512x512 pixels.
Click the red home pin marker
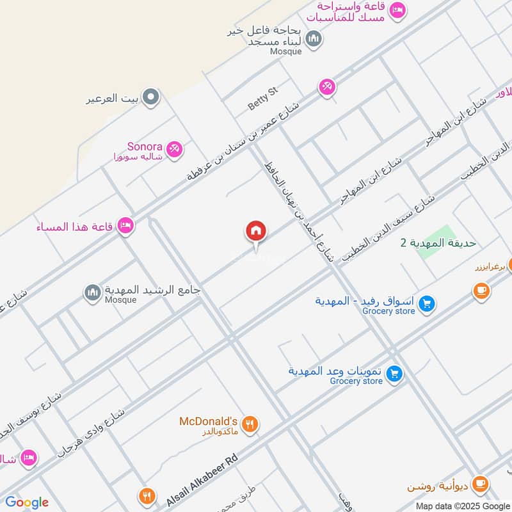pyautogui.click(x=256, y=231)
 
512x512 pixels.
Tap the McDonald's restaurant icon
pyautogui.click(x=251, y=424)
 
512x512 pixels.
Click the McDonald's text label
pyautogui.click(x=208, y=421)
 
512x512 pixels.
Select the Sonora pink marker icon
pyautogui.click(x=174, y=150)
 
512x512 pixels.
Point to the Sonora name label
pyautogui.click(x=145, y=147)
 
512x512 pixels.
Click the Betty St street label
pyautogui.click(x=263, y=99)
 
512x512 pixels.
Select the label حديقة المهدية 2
pyautogui.click(x=438, y=243)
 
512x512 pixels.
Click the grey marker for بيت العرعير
pyautogui.click(x=151, y=97)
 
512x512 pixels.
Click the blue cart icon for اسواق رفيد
pyautogui.click(x=428, y=303)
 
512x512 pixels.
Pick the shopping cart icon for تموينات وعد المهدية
pyautogui.click(x=395, y=373)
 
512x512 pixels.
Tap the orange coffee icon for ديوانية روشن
pyautogui.click(x=482, y=483)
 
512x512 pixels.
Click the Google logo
pyautogui.click(x=27, y=502)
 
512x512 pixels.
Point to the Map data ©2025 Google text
pyautogui.click(x=462, y=505)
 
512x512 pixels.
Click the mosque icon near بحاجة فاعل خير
pyautogui.click(x=314, y=40)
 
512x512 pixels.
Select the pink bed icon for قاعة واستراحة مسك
pyautogui.click(x=397, y=11)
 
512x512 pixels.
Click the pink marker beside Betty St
pyautogui.click(x=327, y=86)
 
